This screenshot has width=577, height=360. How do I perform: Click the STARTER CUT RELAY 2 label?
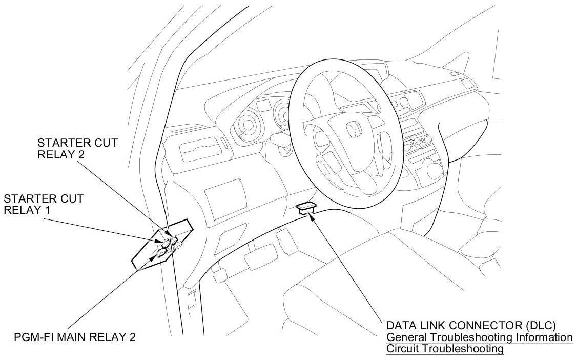(77, 148)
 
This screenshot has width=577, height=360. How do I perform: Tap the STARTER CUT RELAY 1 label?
(44, 204)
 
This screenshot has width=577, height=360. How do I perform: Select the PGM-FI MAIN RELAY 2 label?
(75, 337)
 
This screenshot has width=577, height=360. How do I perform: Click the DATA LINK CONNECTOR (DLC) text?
(471, 326)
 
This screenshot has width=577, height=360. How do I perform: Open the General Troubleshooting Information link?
(479, 337)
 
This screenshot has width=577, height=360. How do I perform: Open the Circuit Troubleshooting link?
(445, 349)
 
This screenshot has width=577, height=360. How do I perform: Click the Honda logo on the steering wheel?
(353, 130)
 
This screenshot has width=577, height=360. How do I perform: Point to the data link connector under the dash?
(306, 207)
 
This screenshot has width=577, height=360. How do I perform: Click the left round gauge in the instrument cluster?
(245, 125)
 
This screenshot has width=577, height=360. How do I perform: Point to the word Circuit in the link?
(403, 349)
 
